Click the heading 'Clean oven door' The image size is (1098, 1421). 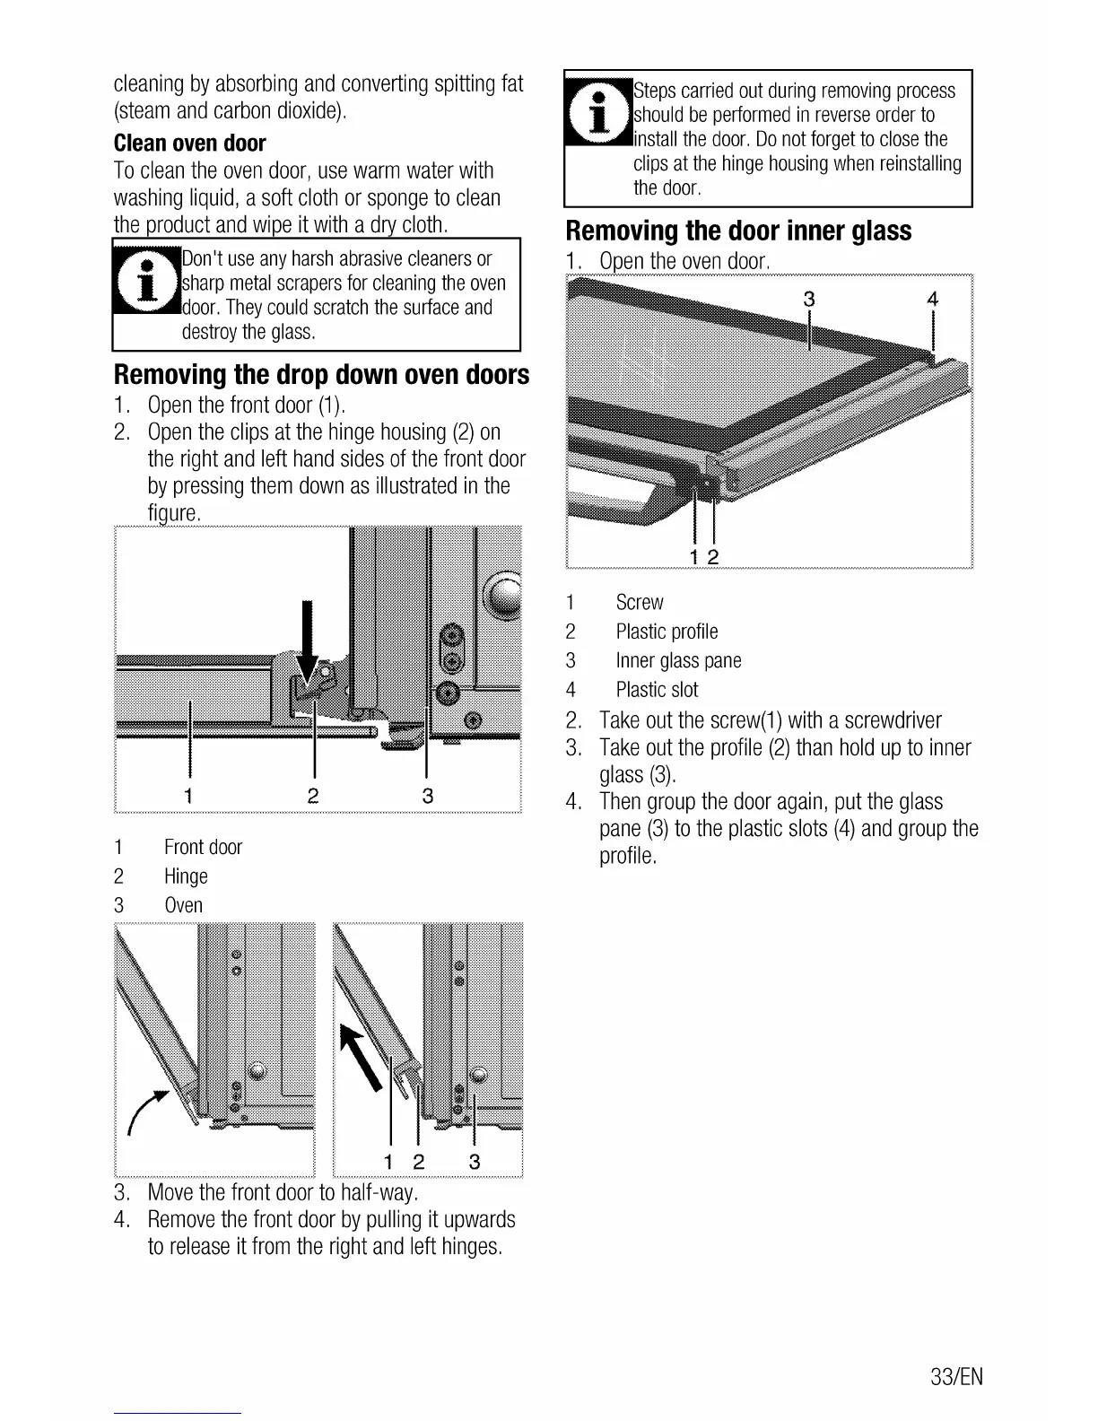pos(190,144)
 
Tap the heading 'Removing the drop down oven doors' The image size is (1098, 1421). pos(321,374)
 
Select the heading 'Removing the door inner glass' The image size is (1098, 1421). pos(738,231)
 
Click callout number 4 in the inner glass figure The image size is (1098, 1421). pos(932,300)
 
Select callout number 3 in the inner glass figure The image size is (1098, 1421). pos(808,300)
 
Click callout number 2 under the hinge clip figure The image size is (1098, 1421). pos(313,795)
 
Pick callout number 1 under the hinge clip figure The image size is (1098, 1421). pos(188,795)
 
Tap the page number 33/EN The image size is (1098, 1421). pos(956,1377)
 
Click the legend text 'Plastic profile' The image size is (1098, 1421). pos(667,632)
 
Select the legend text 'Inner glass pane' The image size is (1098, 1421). pos(678,661)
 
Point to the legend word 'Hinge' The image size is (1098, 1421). pos(186,876)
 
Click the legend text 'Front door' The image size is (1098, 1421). pos(203,848)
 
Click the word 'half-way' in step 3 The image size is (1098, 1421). pos(379,1192)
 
